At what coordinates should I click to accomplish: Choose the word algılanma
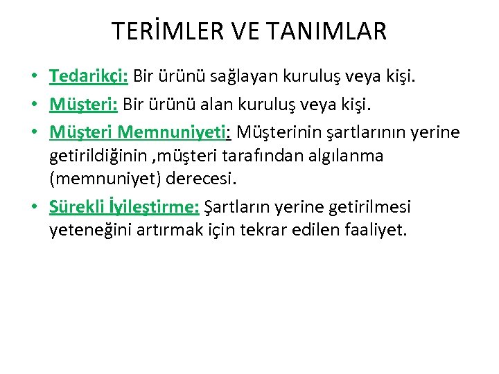point(350,156)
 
